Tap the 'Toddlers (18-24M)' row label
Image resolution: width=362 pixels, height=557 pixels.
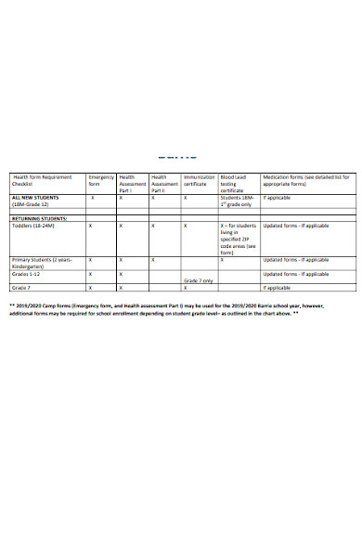pyautogui.click(x=35, y=226)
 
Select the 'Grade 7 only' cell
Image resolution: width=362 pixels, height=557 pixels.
pyautogui.click(x=199, y=280)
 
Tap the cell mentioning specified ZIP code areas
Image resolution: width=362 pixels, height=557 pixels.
pyautogui.click(x=237, y=239)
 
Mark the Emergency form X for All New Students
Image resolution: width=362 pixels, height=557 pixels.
pyautogui.click(x=91, y=198)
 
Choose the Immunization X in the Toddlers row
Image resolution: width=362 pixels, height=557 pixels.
pyautogui.click(x=186, y=226)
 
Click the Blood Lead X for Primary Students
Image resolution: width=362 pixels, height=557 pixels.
pyautogui.click(x=223, y=260)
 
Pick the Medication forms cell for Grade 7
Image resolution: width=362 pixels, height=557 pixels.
pyautogui.click(x=278, y=288)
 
